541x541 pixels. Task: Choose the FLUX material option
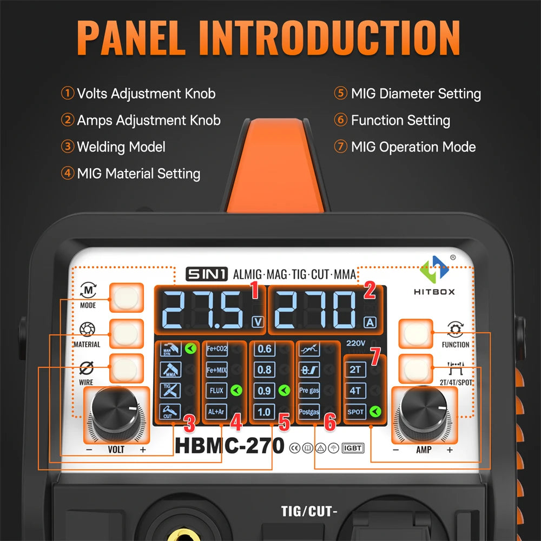216,390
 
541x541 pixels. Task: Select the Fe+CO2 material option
216,349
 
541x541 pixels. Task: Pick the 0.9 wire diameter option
265,390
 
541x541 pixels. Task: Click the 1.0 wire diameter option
265,411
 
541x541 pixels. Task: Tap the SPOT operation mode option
355,412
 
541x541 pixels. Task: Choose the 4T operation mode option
355,391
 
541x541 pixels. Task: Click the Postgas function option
309,411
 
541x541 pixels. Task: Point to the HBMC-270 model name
229,446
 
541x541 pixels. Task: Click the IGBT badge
353,448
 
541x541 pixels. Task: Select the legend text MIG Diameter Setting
415,94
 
